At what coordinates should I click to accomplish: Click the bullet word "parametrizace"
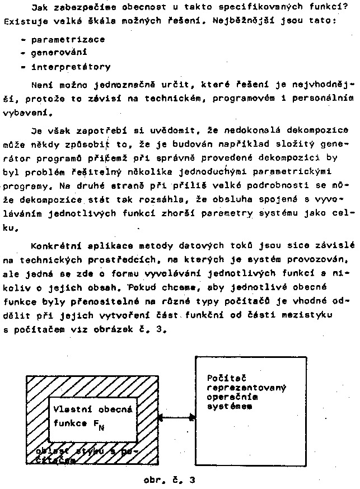[67, 40]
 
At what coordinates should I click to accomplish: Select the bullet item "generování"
[58, 54]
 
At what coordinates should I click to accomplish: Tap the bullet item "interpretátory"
[71, 68]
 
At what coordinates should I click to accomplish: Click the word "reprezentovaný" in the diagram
[247, 387]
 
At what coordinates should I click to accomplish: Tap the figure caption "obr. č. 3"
[170, 480]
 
